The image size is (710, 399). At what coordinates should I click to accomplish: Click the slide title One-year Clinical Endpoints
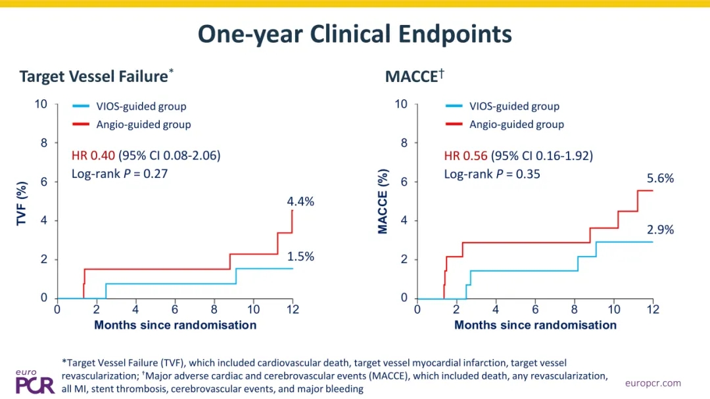pyautogui.click(x=354, y=35)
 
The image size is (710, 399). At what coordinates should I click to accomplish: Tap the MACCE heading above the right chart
pyautogui.click(x=414, y=76)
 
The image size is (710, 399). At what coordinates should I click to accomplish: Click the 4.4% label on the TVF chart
pyautogui.click(x=300, y=201)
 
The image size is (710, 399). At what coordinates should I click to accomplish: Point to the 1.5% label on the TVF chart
pyautogui.click(x=300, y=257)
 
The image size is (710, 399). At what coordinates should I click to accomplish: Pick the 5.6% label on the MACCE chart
pyautogui.click(x=660, y=178)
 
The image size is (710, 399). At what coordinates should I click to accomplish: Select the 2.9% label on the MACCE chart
pyautogui.click(x=660, y=230)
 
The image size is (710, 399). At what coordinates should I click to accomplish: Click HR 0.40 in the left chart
pyautogui.click(x=93, y=156)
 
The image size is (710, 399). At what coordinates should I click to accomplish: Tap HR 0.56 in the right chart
pyautogui.click(x=465, y=156)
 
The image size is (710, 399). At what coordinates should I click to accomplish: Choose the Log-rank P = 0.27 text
pyautogui.click(x=120, y=174)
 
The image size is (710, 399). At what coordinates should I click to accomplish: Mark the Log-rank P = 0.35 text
pyautogui.click(x=492, y=175)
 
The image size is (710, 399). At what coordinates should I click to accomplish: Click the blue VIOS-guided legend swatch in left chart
pyautogui.click(x=81, y=106)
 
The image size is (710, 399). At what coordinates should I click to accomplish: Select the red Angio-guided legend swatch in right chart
pyautogui.click(x=454, y=124)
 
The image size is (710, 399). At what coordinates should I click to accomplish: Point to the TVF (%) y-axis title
pyautogui.click(x=21, y=203)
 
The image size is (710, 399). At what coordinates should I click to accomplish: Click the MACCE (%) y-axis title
pyautogui.click(x=383, y=201)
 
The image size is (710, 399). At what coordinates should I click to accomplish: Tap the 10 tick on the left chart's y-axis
pyautogui.click(x=41, y=104)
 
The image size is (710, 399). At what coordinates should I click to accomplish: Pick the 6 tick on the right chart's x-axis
pyautogui.click(x=535, y=310)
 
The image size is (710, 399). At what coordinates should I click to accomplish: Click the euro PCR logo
pyautogui.click(x=35, y=382)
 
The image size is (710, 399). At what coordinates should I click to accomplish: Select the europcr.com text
pyautogui.click(x=653, y=383)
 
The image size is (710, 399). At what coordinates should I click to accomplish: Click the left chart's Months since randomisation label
pyautogui.click(x=176, y=325)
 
